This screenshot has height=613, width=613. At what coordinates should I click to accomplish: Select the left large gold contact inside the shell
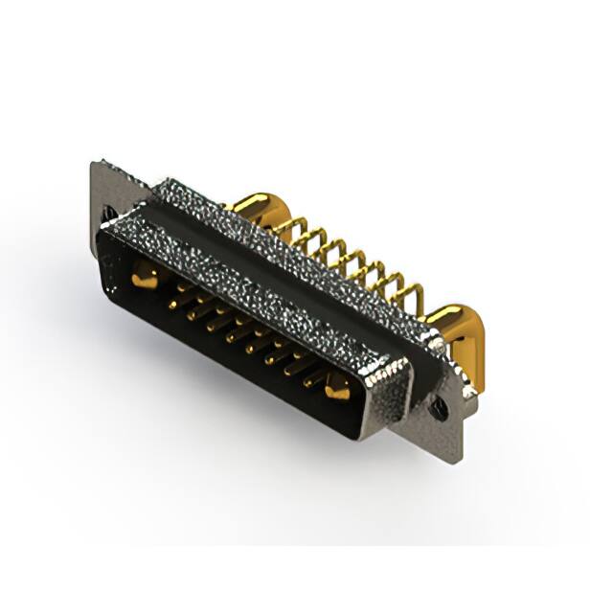(x=144, y=279)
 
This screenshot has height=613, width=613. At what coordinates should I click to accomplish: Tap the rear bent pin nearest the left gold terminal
(x=286, y=230)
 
